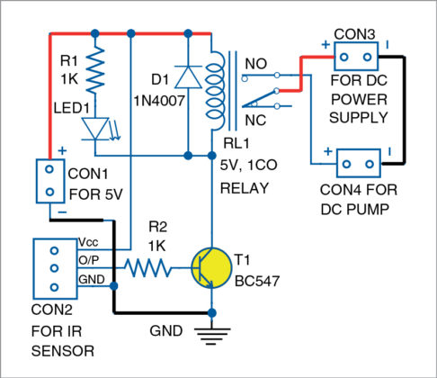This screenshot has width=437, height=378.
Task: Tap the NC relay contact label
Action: click(256, 119)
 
